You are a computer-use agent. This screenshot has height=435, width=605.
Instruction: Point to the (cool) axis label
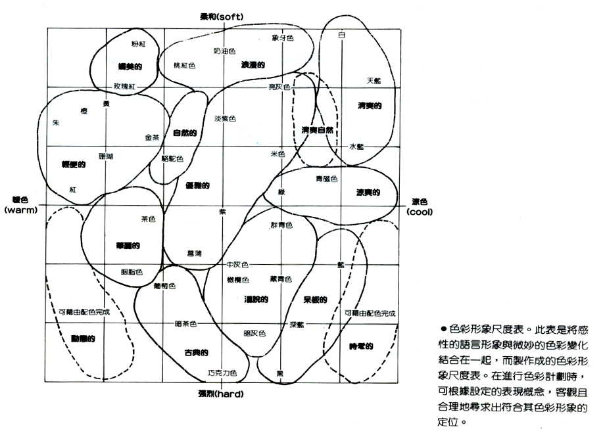click(420, 212)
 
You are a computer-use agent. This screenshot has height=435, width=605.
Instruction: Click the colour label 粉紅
click(139, 43)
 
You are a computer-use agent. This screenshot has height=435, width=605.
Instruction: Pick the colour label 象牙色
click(283, 37)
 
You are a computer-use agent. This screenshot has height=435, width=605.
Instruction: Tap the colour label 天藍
click(374, 80)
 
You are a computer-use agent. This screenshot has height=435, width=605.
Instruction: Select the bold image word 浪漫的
click(253, 65)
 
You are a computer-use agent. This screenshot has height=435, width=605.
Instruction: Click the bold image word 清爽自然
click(318, 129)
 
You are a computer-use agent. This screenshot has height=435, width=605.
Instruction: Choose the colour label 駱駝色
click(172, 158)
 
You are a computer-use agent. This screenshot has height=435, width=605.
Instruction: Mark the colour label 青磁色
click(326, 178)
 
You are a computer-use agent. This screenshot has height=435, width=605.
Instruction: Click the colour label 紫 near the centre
click(222, 212)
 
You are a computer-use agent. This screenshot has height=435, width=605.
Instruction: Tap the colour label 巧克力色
click(222, 373)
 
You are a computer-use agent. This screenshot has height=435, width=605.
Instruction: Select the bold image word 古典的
click(196, 353)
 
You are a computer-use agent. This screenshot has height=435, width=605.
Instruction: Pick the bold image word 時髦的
click(362, 346)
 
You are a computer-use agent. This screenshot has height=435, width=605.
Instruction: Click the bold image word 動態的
click(84, 338)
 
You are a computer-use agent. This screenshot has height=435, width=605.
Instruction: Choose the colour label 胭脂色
click(132, 271)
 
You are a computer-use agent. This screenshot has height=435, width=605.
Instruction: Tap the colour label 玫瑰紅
click(125, 86)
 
